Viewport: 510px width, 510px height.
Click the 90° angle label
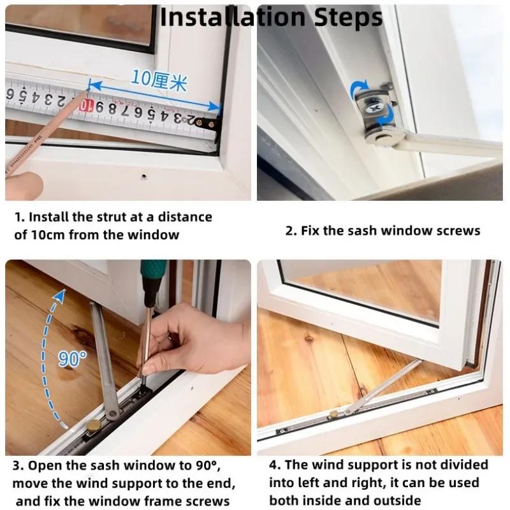point(72,358)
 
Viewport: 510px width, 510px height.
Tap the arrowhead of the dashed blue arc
point(60,294)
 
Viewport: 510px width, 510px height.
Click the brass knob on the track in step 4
point(332,414)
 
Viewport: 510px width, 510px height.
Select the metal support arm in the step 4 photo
point(376,386)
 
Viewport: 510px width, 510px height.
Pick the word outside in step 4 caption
point(398,500)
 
